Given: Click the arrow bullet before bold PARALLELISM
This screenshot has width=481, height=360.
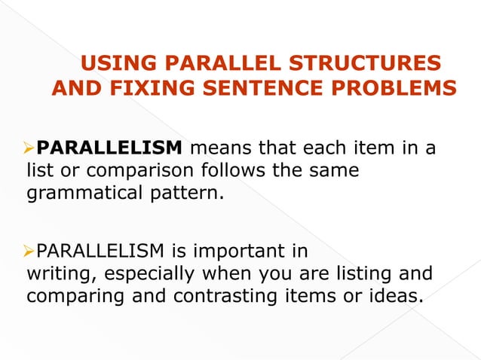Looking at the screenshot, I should [x=30, y=146].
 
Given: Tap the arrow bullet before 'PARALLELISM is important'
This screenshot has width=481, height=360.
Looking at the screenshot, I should [x=30, y=249].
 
